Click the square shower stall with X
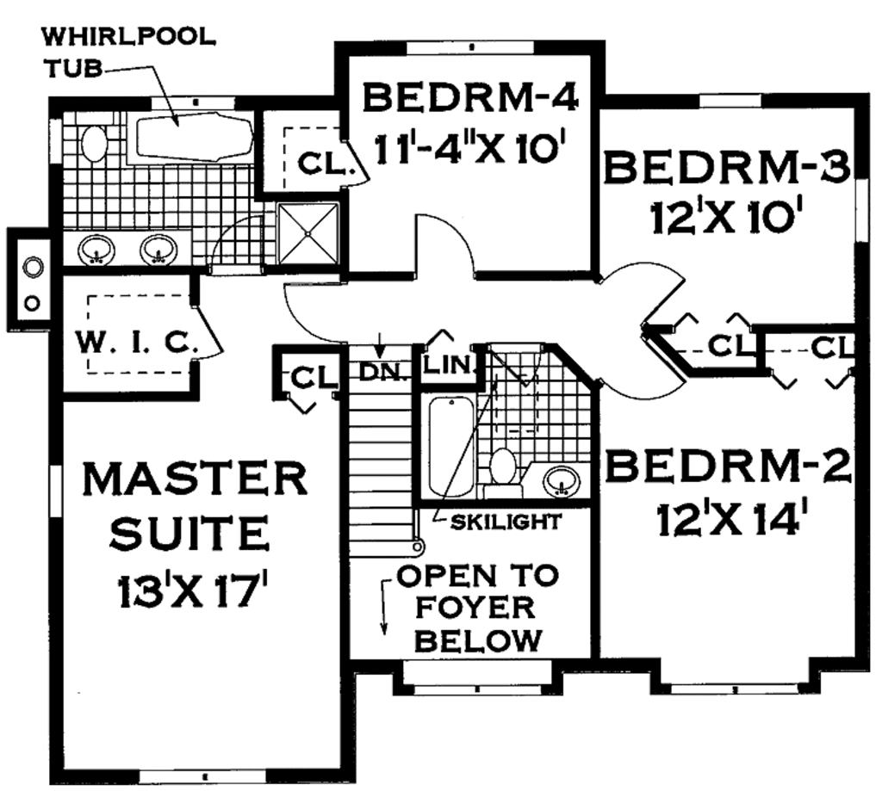[x=307, y=232]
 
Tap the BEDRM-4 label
[x=469, y=97]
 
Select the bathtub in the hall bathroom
[x=451, y=448]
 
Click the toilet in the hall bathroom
[x=502, y=468]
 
